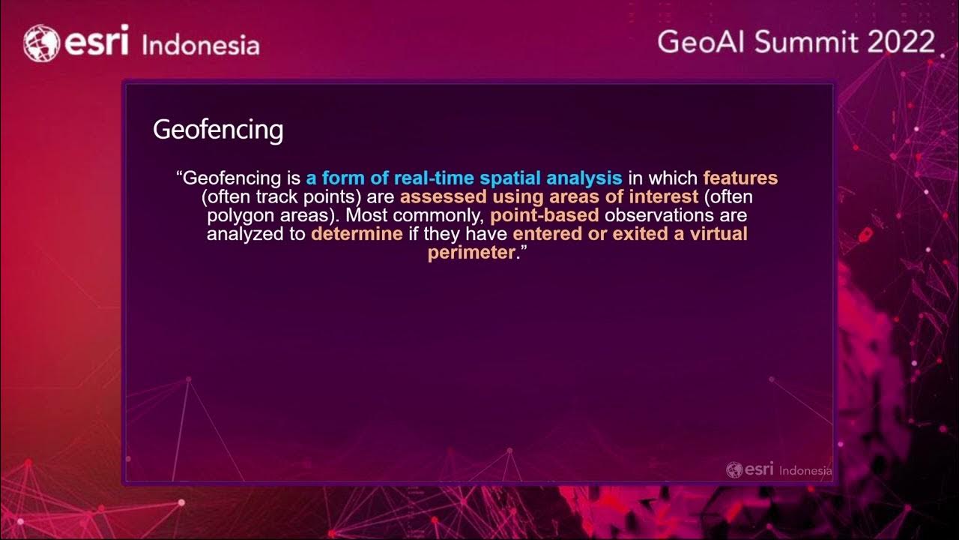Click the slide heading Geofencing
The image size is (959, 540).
[218, 130]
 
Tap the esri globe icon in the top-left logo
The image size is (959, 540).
[42, 43]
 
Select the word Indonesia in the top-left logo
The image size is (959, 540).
[200, 45]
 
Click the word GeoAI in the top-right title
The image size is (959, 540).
[702, 42]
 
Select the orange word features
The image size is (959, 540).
[740, 178]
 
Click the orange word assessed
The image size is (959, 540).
[443, 197]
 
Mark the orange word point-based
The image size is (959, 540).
[545, 215]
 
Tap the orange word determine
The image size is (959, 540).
[357, 234]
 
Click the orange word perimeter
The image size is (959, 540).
[471, 253]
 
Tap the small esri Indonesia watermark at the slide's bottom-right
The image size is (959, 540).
[779, 470]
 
